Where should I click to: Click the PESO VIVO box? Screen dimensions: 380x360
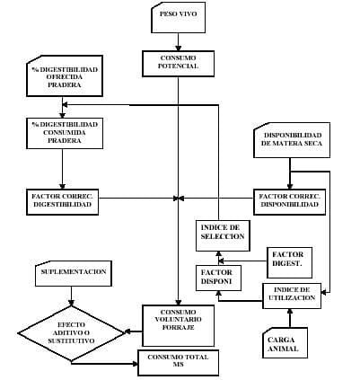point(180,16)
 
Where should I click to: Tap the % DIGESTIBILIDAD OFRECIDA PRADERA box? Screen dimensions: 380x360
point(62,78)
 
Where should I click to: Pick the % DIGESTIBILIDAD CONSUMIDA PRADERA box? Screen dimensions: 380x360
point(62,131)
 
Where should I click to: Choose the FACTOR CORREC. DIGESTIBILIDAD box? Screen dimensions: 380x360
point(62,199)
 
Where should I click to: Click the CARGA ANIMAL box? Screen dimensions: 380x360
point(288,345)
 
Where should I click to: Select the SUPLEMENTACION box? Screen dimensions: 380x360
point(74,270)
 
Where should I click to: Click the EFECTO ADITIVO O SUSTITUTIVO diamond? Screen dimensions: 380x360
point(74,332)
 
